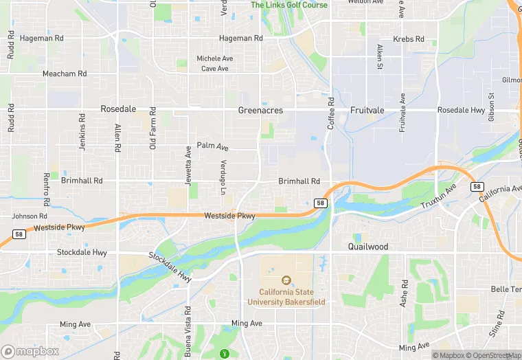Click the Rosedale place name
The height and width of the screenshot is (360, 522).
[x=118, y=109]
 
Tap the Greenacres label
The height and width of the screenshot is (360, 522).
[x=260, y=110]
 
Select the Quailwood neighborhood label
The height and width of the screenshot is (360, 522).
[x=367, y=247]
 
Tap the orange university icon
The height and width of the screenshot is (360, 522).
[x=286, y=280]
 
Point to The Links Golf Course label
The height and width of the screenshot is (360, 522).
[x=288, y=5]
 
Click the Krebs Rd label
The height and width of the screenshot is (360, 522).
[x=409, y=39]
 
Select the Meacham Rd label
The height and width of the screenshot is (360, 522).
[x=65, y=74]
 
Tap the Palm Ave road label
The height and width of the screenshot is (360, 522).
[x=212, y=146]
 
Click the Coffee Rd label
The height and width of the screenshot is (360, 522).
[x=331, y=114]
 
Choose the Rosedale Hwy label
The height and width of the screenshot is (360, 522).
[x=462, y=110]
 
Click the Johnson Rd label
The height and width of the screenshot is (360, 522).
[x=30, y=216]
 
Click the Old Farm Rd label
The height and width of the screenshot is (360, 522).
[x=152, y=128]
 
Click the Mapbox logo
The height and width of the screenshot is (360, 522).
[x=31, y=351]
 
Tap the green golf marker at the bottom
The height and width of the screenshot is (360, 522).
[x=223, y=354]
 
